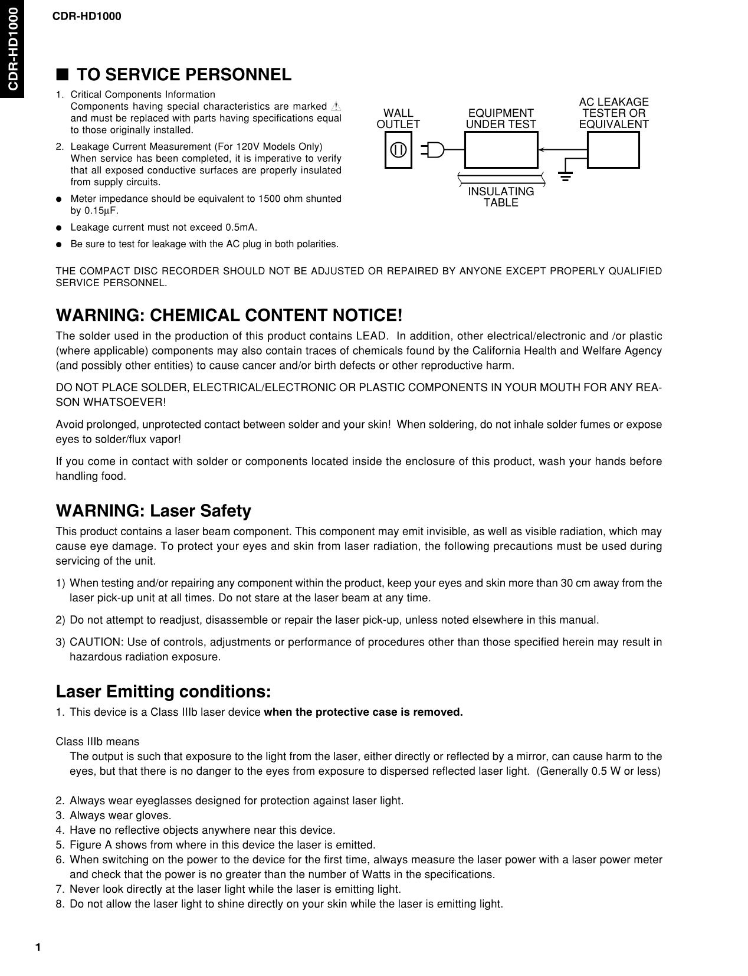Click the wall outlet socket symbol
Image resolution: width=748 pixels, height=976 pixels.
click(398, 150)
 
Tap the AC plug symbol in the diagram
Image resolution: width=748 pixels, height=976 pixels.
click(434, 150)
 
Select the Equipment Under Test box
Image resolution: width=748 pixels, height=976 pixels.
click(501, 150)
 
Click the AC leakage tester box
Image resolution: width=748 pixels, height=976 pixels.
click(613, 150)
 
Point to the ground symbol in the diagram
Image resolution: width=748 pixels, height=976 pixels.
click(566, 175)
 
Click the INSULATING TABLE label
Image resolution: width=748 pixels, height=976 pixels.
click(501, 197)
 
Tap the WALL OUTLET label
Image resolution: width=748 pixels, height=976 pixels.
click(398, 119)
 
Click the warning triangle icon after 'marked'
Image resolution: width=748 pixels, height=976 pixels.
click(336, 107)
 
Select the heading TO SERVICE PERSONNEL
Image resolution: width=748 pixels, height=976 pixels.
click(184, 75)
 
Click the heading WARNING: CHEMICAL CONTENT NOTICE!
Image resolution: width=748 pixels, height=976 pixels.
click(229, 315)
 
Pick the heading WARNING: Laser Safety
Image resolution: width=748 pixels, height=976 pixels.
click(153, 510)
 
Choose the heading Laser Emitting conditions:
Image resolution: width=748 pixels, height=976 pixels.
click(163, 691)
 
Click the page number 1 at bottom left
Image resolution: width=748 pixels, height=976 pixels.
click(38, 948)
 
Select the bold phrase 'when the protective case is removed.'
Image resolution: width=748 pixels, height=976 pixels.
click(363, 712)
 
